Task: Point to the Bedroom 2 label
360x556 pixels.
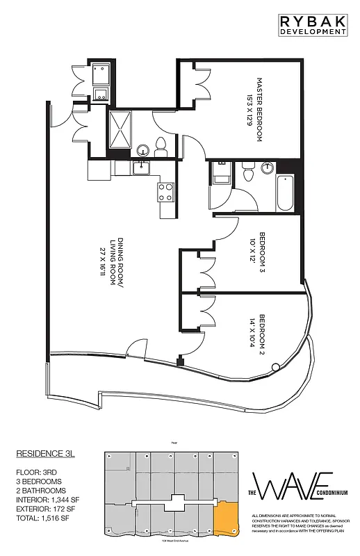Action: point(259,336)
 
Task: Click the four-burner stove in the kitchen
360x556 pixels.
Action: point(166,192)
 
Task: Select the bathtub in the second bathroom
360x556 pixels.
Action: point(284,195)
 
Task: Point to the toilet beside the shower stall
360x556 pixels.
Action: point(161,145)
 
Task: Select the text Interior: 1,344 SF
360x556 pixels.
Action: point(50,498)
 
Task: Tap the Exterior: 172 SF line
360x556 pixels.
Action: point(49,507)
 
